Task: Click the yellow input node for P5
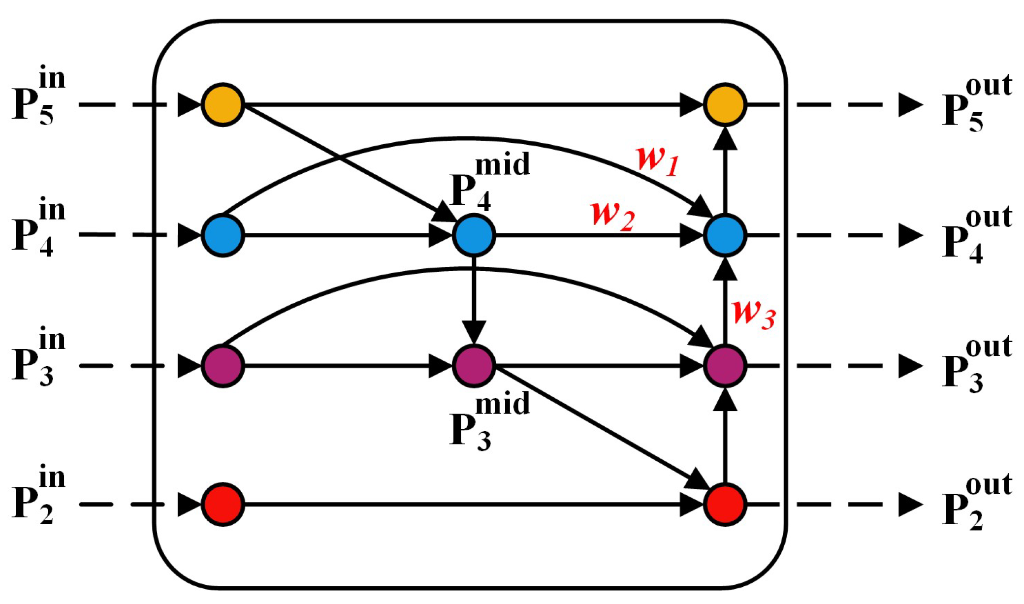click(x=223, y=105)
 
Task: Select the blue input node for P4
click(x=223, y=235)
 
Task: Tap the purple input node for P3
click(x=223, y=366)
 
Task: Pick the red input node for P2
click(x=223, y=505)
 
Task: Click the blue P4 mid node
click(x=474, y=235)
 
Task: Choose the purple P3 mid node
click(x=474, y=366)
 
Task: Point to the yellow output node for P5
click(x=725, y=105)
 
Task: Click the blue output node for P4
click(x=725, y=235)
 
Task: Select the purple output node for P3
click(x=725, y=366)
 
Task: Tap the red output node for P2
click(x=725, y=505)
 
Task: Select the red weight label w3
click(x=754, y=313)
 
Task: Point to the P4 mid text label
click(x=490, y=182)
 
